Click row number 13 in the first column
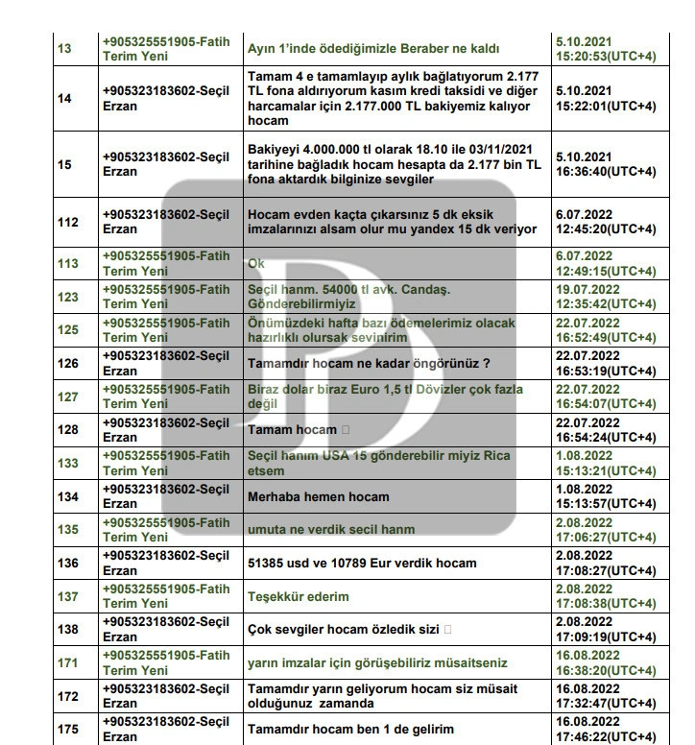[64, 48]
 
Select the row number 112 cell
[67, 222]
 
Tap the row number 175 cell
[67, 729]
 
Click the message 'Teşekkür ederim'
[298, 596]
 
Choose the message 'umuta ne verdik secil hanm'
[330, 529]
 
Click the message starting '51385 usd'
[362, 563]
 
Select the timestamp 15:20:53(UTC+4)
[606, 57]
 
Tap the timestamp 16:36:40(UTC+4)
[606, 171]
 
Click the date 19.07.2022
[585, 288]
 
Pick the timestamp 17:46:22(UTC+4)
[606, 736]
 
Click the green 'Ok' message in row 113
[256, 263]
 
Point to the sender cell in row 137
[166, 596]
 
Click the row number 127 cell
[67, 397]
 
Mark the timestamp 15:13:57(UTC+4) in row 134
[606, 503]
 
